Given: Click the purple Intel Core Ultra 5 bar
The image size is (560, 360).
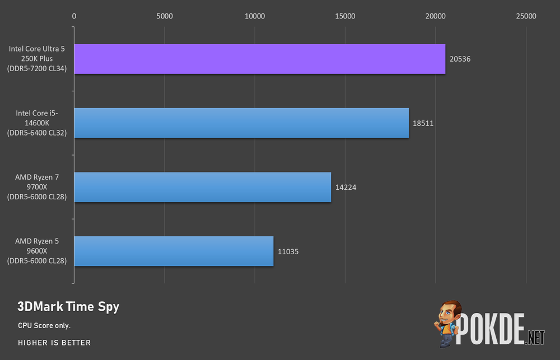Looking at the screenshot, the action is tap(260, 59).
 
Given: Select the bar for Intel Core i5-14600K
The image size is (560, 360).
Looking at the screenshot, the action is tap(241, 123).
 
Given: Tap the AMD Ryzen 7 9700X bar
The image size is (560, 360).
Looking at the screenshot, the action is tap(203, 187).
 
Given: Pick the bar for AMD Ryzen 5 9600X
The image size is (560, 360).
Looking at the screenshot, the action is tap(174, 251).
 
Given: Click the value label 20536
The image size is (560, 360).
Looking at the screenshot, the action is tap(460, 59).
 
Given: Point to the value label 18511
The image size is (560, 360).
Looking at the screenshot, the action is tap(423, 123).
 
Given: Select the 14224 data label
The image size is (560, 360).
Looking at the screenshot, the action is tap(346, 187).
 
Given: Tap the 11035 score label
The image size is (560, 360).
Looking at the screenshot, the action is tap(288, 251).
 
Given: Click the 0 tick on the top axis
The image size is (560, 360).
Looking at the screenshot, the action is tap(74, 16).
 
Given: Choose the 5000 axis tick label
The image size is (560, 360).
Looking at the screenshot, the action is tap(164, 16).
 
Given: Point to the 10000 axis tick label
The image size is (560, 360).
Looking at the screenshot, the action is tap(255, 16).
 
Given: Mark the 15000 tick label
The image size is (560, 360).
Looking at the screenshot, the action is tap(345, 16).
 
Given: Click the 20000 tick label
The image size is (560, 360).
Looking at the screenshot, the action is tap(435, 16).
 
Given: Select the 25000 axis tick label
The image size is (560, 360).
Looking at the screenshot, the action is tap(526, 16).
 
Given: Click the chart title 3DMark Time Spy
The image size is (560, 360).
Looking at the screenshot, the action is tap(68, 307).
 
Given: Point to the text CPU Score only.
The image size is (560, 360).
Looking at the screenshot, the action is tap(44, 325).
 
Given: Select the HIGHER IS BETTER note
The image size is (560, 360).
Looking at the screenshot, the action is tap(54, 343).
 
